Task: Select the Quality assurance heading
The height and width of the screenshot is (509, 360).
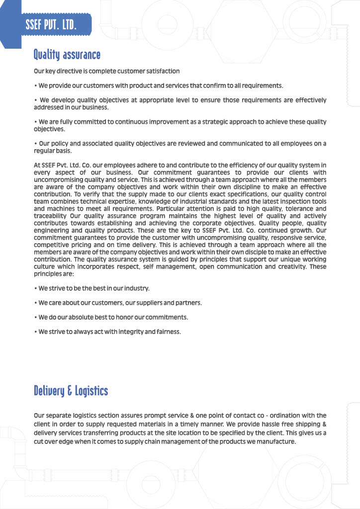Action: click(x=67, y=54)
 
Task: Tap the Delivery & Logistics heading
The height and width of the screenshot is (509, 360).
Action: click(x=71, y=391)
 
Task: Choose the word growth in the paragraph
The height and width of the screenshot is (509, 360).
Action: click(x=300, y=231)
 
